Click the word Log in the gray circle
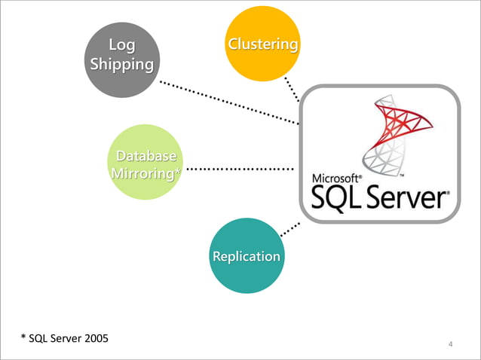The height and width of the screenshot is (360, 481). point(122,46)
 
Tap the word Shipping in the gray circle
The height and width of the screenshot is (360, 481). point(122,64)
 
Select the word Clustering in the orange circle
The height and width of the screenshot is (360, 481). point(263,44)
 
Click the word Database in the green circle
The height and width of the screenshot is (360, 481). point(146,157)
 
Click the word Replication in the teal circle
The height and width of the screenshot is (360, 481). point(247,256)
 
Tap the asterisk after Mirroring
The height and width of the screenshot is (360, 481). point(177,174)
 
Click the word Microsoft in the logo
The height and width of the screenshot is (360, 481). point(336,178)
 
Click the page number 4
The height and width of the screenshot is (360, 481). point(450,345)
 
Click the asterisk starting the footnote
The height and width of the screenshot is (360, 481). point(23,337)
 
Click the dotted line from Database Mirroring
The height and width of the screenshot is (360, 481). point(240,169)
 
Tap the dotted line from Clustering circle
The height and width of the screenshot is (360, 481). point(292,89)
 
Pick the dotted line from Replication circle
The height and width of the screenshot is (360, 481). point(290,229)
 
